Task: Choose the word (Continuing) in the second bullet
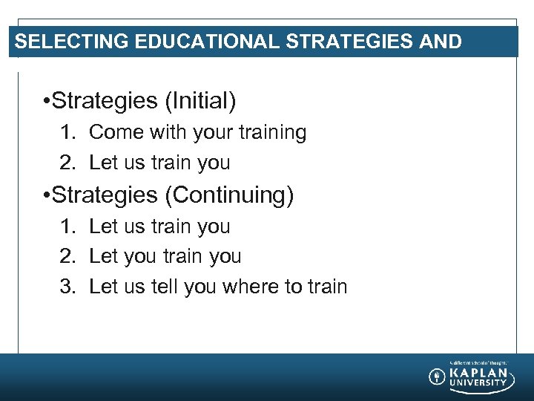coord(229,195)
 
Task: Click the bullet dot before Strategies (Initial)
coord(47,102)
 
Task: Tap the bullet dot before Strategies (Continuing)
coord(47,196)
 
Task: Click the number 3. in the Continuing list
coord(69,287)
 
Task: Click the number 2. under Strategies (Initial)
coord(69,163)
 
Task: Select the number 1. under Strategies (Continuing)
coord(69,226)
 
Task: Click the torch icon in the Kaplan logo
coord(437,376)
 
